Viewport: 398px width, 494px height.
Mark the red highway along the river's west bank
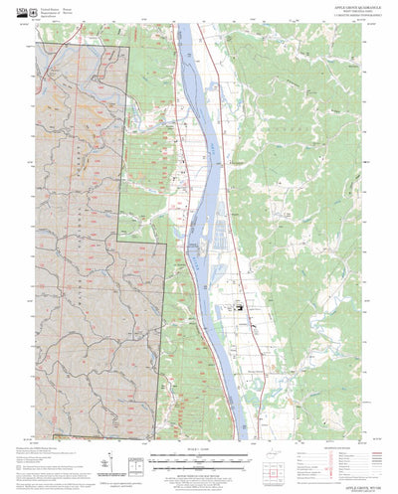[x=175, y=149]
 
